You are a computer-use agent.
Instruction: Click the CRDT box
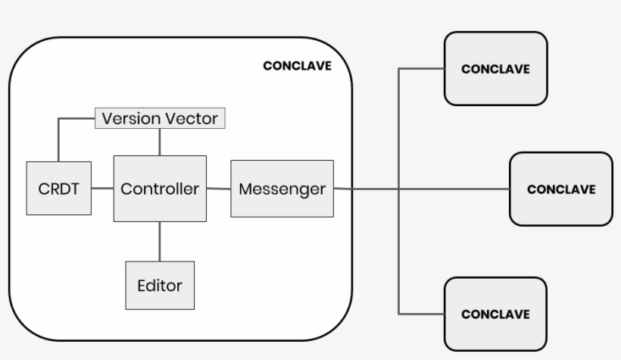pos(58,188)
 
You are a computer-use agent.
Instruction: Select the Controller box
pos(160,188)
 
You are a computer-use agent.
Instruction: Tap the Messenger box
pos(282,188)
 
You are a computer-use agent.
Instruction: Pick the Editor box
pos(160,286)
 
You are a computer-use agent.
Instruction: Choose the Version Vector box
pos(160,119)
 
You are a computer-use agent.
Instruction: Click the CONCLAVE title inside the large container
pos(297,66)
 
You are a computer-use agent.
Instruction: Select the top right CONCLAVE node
pos(495,68)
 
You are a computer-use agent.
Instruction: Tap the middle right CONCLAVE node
pos(560,189)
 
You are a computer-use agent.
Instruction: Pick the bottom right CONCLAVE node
pos(495,314)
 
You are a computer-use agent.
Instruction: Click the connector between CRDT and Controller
pos(102,188)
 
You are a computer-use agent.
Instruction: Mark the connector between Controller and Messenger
pos(218,188)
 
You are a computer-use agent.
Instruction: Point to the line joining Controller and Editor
pos(160,241)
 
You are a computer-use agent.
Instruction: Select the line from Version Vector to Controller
pos(160,142)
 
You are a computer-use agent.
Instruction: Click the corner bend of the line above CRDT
pos(58,119)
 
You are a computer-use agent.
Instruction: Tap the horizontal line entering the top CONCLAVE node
pos(421,69)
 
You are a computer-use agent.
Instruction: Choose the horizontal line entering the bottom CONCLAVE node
pos(421,313)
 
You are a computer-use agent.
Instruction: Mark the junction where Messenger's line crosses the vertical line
pos(399,189)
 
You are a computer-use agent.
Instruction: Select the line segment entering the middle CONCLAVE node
pos(454,189)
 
